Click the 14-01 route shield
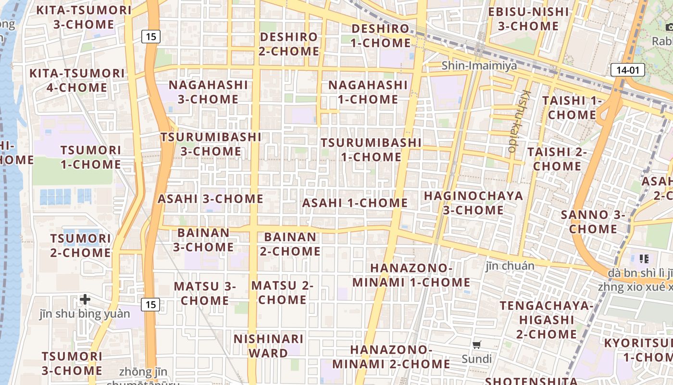point(628,70)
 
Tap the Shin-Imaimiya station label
point(479,65)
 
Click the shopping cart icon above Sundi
point(477,345)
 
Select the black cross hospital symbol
point(85,299)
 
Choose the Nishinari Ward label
point(268,346)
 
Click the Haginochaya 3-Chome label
point(474,203)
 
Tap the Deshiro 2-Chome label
point(289,44)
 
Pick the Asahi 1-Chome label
point(355,203)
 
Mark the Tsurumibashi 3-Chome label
point(211,144)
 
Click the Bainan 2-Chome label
point(290,244)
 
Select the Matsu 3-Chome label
point(205,293)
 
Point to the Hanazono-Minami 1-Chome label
point(411,275)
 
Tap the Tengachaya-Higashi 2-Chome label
point(546,320)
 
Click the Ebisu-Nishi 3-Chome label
point(528,18)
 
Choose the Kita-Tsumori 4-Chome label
point(77,80)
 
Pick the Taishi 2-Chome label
point(557,159)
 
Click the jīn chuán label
point(510,266)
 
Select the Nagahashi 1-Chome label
point(368,92)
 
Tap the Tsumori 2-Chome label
point(80,245)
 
